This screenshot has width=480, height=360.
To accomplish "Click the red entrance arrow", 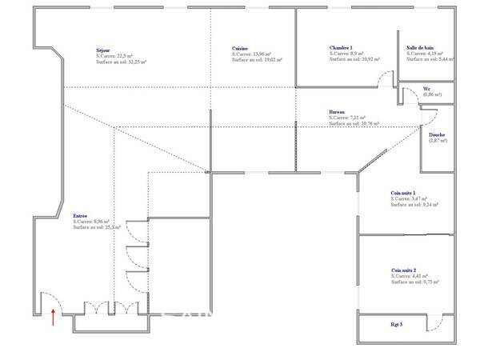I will (53, 318).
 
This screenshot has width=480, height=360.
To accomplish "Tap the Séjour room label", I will (102, 50).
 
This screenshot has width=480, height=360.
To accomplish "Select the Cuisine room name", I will (239, 48).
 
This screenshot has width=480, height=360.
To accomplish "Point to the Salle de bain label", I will (419, 48).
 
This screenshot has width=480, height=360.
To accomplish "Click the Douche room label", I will (437, 134).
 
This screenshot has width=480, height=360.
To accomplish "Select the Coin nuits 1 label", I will (404, 193).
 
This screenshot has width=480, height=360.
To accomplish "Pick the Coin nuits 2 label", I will (404, 270).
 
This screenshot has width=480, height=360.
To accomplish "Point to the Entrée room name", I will (81, 216).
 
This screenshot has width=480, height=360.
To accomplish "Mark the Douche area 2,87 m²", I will (438, 141).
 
